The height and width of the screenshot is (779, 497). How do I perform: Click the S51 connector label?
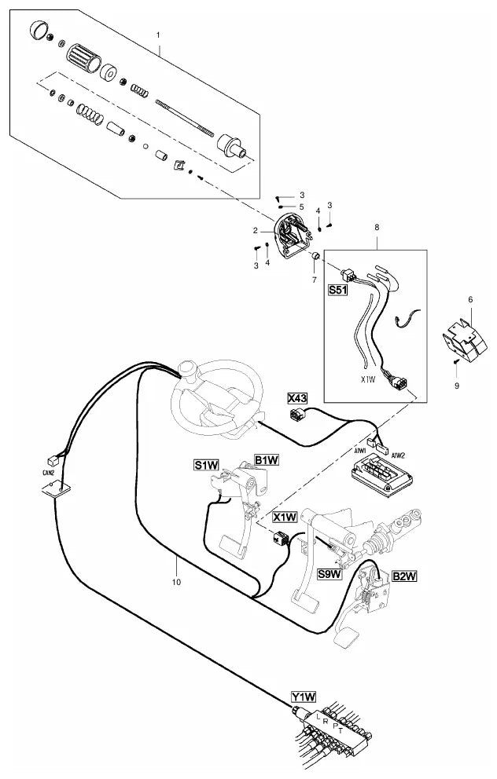[x=337, y=290]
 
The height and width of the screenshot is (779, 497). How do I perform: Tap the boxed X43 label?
[x=297, y=398]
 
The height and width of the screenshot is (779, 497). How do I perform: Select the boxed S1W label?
[x=207, y=465]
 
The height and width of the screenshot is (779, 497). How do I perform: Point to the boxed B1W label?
[x=266, y=460]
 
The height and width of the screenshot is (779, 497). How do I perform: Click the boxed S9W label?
[x=330, y=574]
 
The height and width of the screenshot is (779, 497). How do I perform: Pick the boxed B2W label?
[x=404, y=576]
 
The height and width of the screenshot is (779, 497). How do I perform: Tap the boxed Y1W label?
[x=304, y=697]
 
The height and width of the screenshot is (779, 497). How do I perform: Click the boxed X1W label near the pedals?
[x=285, y=518]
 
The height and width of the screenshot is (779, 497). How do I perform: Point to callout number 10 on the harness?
[x=177, y=582]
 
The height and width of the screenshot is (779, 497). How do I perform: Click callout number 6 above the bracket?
[x=470, y=299]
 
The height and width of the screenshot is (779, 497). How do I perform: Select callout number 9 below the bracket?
[x=457, y=385]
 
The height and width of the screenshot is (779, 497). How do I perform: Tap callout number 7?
[x=315, y=280]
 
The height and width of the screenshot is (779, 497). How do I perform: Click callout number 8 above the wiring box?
[x=377, y=227]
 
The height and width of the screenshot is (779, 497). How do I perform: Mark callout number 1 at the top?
[x=158, y=35]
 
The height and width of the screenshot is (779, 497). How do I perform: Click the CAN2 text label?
[x=48, y=474]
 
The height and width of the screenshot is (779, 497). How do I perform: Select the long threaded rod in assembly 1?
[x=184, y=117]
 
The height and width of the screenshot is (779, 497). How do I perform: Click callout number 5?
[x=301, y=207]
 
